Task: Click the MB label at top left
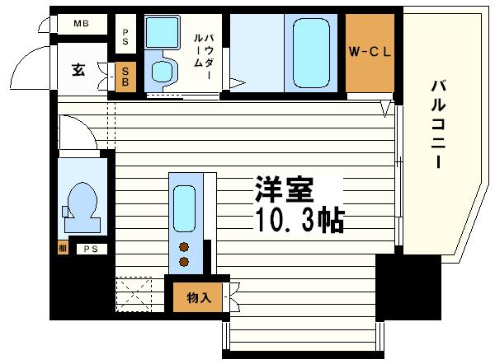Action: tap(80, 23)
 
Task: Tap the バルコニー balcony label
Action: tap(439, 124)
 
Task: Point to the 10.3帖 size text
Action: tap(295, 220)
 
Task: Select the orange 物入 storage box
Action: tap(198, 297)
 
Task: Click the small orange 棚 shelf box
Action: tap(63, 247)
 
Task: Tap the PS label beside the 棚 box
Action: tap(87, 247)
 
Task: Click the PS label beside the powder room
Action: tap(125, 35)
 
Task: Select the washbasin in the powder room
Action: tap(157, 35)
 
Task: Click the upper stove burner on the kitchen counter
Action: tap(184, 246)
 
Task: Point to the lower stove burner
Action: tap(184, 262)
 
